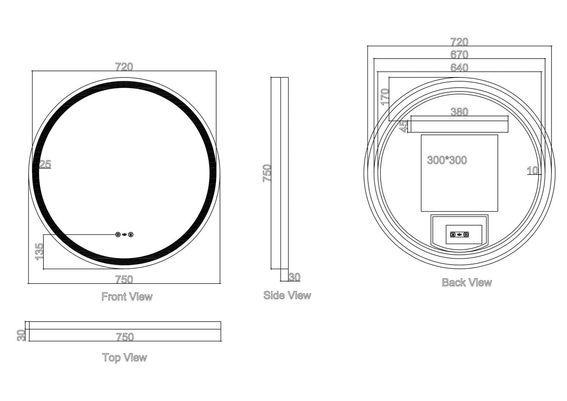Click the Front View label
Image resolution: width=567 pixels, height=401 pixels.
[127, 297]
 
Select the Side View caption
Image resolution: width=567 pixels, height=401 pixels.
[287, 295]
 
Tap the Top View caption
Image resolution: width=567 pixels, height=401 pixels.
[124, 358]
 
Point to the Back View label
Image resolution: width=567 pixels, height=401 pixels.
[467, 282]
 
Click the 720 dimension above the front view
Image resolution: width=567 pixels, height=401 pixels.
[124, 67]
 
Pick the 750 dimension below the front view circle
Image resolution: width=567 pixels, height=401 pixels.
[124, 279]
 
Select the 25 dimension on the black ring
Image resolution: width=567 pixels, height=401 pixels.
[45, 164]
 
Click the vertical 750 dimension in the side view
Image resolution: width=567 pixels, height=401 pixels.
[267, 173]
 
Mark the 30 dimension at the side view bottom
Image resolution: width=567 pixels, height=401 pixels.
[294, 277]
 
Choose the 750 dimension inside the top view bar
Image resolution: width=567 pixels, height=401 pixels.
[125, 337]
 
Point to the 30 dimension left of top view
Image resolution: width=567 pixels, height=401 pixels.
[21, 335]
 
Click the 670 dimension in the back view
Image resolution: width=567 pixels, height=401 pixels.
[459, 55]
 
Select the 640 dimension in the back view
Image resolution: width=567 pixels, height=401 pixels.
[459, 68]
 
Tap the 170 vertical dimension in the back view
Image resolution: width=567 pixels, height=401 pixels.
[385, 97]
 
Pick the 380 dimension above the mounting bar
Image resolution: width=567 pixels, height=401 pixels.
[459, 112]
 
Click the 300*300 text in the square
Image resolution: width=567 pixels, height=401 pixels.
[447, 160]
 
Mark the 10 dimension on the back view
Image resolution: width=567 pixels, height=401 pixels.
[532, 171]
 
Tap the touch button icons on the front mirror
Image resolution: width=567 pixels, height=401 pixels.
[124, 235]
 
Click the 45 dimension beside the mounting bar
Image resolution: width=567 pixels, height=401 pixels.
[404, 126]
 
